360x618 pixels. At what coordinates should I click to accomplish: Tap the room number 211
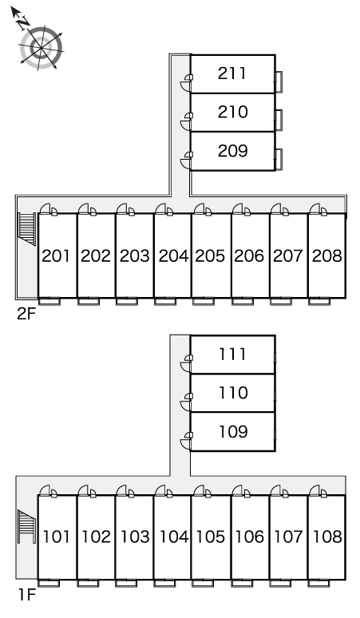(x=232, y=73)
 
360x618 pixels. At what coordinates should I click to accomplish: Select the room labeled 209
(x=232, y=151)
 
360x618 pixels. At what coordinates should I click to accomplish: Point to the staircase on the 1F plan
(x=27, y=526)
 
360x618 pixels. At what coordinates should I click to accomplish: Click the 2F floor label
(x=26, y=314)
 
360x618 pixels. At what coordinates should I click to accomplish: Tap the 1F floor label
(x=27, y=595)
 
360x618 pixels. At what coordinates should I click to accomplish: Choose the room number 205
(x=210, y=256)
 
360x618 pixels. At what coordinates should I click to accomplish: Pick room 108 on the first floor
(x=327, y=537)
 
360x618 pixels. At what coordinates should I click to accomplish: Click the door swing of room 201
(x=49, y=209)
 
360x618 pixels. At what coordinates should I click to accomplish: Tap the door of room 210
(x=187, y=121)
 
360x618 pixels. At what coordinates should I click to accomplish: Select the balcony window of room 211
(x=279, y=81)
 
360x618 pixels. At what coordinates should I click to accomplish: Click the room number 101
(x=57, y=537)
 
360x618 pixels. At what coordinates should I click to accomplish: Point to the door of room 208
(x=318, y=209)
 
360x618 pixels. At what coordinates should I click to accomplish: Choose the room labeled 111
(x=232, y=355)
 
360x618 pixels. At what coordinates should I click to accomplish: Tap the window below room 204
(x=165, y=302)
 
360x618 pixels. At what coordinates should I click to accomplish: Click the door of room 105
(x=203, y=491)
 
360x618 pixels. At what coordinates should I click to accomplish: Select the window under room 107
(x=280, y=584)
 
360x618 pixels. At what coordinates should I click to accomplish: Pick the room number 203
(x=135, y=256)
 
